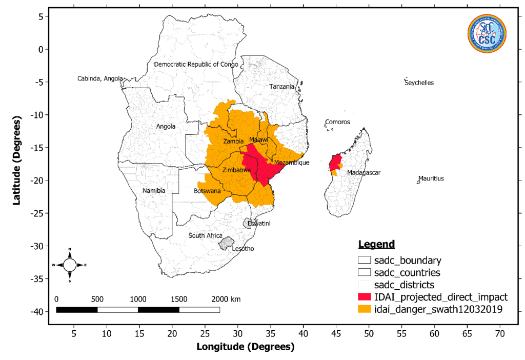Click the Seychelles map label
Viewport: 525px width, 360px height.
point(419,83)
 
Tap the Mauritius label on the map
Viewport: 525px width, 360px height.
point(431,178)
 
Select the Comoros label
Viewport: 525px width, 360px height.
point(337,122)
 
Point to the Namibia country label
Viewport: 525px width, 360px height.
point(154,191)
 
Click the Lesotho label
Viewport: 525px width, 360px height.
point(243,249)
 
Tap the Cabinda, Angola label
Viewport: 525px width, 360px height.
point(100,78)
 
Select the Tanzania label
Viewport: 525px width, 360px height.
point(282,87)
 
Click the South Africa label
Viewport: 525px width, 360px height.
point(206,235)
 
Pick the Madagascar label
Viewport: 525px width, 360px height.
point(364,173)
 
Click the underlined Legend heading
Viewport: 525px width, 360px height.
point(376,244)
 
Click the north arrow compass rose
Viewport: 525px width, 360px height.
point(70,265)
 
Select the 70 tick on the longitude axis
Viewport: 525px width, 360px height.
point(500,334)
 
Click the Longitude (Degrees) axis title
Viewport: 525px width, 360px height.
point(246,347)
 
